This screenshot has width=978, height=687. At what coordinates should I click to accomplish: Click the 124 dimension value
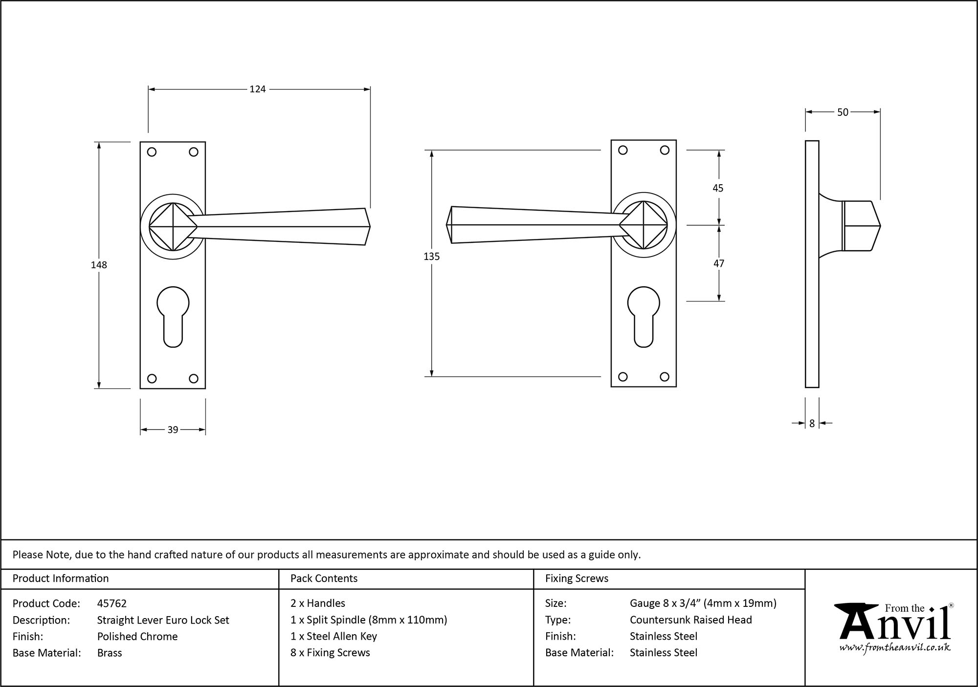[257, 89]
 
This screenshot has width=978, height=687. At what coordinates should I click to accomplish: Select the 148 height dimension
[98, 265]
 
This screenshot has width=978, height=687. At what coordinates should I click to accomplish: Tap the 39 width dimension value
[173, 430]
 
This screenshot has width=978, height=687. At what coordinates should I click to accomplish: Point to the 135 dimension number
[431, 257]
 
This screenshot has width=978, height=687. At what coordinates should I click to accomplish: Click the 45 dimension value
[718, 188]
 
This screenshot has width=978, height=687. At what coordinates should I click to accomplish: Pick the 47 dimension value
[718, 263]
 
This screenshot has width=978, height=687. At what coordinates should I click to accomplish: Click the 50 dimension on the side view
[843, 112]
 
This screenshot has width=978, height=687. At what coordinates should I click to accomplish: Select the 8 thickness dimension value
[812, 424]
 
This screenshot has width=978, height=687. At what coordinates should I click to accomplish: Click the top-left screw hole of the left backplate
[152, 152]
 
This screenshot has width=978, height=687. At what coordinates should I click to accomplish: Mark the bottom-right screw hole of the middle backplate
[664, 377]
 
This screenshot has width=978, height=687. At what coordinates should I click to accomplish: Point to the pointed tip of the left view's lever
[370, 227]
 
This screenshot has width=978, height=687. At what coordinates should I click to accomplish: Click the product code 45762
[111, 603]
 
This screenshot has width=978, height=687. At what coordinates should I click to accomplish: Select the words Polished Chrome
[137, 636]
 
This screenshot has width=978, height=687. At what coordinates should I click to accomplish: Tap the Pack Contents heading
[324, 579]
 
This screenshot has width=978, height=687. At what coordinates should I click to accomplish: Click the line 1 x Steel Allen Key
[333, 636]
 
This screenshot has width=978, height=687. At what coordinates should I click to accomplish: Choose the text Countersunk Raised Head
[690, 620]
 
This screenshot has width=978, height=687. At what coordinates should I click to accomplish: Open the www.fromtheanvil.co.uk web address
[894, 647]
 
